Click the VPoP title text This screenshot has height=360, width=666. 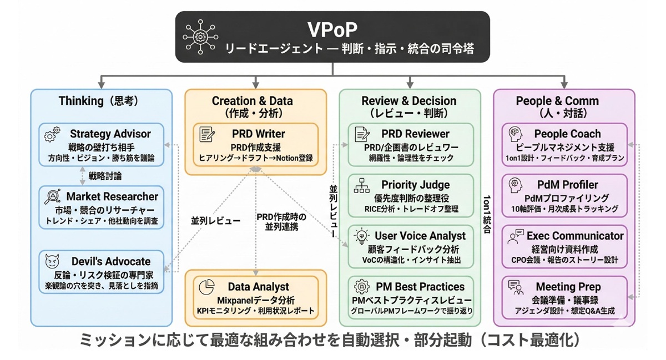coord(332,29)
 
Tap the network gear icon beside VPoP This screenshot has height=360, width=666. coord(200,37)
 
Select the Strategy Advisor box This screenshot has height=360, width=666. coord(102,145)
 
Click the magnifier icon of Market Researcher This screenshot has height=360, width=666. coord(53,196)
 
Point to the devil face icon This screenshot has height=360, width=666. coord(52,261)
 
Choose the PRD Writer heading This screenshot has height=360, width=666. coord(259,134)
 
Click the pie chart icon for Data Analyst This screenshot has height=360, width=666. coord(206,287)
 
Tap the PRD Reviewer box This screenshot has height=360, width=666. coord(411,145)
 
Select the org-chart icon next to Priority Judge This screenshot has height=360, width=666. coord(362,185)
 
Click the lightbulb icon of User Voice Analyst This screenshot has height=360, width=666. coord(361,236)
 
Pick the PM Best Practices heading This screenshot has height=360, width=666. coord(420,287)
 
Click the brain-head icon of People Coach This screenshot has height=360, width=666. coord(515,134)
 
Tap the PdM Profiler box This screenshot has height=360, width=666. coord(564,196)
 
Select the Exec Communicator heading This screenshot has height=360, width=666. coord(575,236)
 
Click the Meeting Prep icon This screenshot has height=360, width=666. coord(516,287)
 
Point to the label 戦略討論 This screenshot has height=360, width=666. coord(105,176)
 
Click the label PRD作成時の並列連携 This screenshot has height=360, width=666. coord(281,222)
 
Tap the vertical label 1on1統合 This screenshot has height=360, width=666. coord(487,214)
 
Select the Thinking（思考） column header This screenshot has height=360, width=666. coord(99,101)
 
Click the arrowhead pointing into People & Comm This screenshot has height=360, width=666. coord(564,85)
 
